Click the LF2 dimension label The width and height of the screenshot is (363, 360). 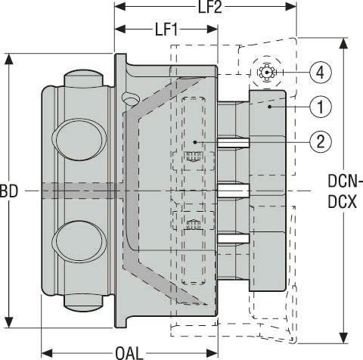(209, 7)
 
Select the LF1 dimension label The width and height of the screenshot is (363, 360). (166, 29)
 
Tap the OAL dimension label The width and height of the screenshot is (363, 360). (129, 353)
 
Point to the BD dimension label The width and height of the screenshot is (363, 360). (9, 191)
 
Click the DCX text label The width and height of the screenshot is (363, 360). (343, 202)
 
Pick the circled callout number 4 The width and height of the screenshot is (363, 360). (320, 73)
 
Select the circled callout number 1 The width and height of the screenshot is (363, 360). (320, 107)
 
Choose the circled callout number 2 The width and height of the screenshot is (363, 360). (320, 141)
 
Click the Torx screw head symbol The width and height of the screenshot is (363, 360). (267, 73)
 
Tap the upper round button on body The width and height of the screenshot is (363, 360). (79, 140)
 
